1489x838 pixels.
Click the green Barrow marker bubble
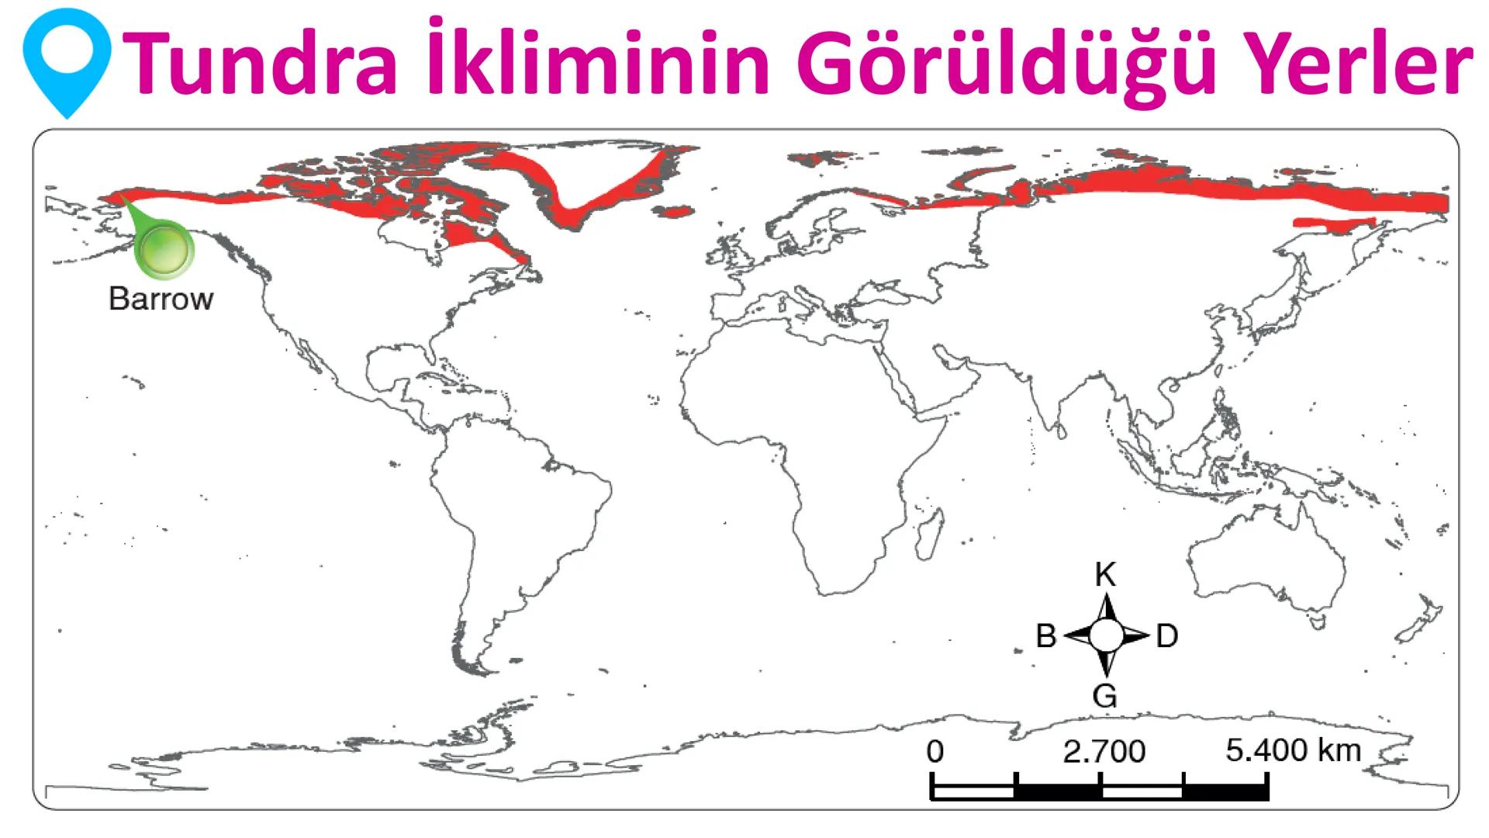point(164,250)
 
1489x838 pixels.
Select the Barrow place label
point(161,299)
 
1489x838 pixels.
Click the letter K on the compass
point(1105,575)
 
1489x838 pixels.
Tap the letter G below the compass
point(1105,695)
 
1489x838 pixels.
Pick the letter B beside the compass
point(1046,636)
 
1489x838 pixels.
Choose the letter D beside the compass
point(1166,636)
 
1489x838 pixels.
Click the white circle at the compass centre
point(1106,636)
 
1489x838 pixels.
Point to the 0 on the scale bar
point(935,751)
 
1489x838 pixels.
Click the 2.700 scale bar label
point(1104,751)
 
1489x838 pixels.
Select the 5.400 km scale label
point(1293,750)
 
